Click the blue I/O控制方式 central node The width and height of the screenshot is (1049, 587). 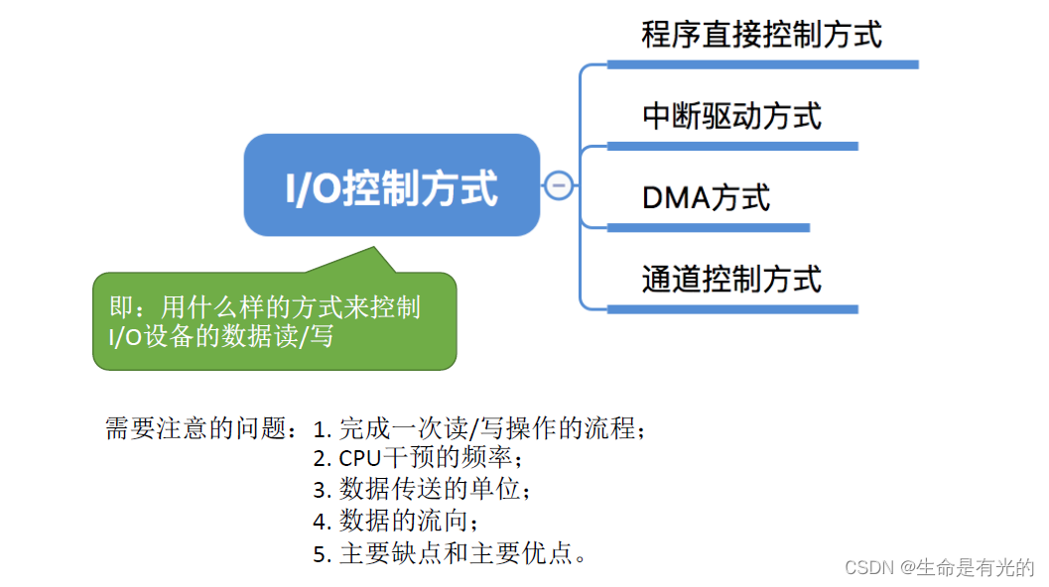pos(392,185)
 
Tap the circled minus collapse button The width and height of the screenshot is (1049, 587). pos(559,184)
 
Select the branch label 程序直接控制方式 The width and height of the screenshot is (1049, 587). pos(761,36)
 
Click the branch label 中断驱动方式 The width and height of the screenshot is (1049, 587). pos(731,116)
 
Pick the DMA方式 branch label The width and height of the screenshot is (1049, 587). pos(706,197)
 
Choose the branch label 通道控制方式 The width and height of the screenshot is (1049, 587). pos(731,279)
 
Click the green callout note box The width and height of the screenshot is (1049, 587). pos(274,321)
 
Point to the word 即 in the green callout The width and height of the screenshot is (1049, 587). pos(120,306)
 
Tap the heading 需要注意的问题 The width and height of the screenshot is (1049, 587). pos(195,428)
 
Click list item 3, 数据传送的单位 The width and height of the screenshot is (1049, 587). pos(422,490)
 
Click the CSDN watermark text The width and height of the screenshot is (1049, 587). pos(939,567)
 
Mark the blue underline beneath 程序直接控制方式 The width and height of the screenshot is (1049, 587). pos(762,64)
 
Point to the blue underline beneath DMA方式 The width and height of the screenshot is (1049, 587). pos(708,227)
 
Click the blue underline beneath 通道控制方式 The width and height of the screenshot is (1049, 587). pos(731,309)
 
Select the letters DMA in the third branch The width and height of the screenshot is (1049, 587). pos(677,197)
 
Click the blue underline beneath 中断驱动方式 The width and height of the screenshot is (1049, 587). pos(731,146)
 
